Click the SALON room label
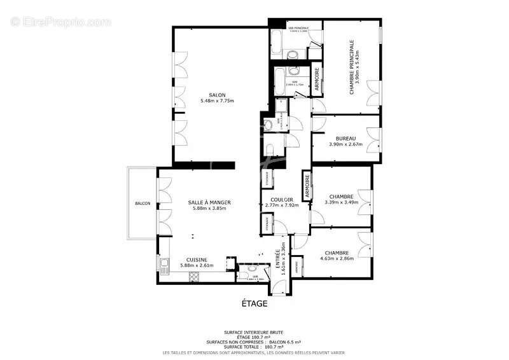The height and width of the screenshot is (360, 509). tap(218, 95)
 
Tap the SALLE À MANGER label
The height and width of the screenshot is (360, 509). tap(209, 202)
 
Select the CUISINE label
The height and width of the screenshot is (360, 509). tap(197, 260)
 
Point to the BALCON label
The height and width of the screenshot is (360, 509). tap(143, 204)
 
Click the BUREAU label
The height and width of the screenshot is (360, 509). tap(345, 138)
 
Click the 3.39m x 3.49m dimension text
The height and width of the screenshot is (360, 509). tap(341, 202)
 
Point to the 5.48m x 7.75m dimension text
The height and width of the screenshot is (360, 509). tap(218, 101)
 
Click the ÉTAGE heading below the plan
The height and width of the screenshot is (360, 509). tap(254, 304)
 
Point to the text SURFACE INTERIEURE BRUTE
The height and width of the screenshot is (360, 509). tap(254, 333)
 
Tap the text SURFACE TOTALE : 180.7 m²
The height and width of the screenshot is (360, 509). tap(254, 347)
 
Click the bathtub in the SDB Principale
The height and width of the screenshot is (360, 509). tap(277, 42)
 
